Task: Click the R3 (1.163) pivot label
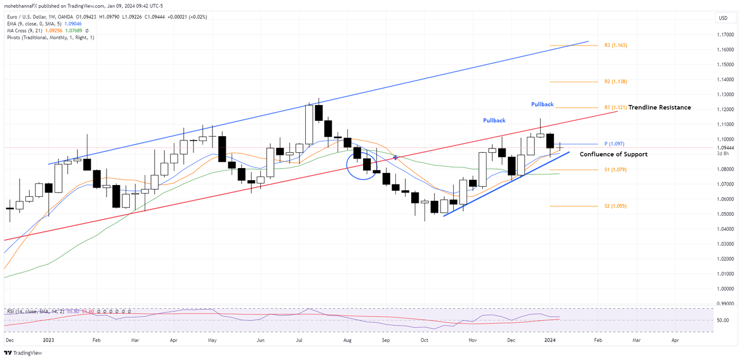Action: click(615, 46)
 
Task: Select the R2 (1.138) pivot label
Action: click(615, 82)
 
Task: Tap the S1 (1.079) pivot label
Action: click(615, 170)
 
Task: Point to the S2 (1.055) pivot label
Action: click(615, 206)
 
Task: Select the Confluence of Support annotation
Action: click(613, 155)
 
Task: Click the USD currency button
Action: click(723, 18)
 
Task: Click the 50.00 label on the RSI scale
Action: click(723, 320)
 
